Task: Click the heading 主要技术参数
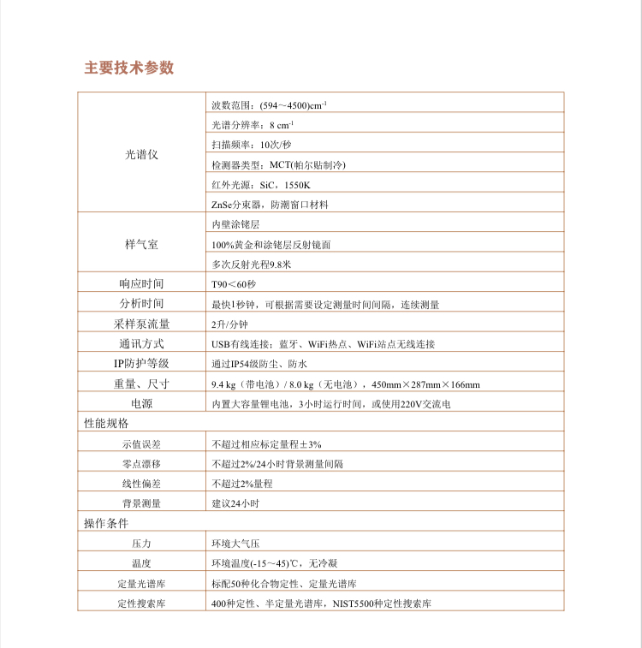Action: click(129, 68)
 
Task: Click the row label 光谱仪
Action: click(141, 155)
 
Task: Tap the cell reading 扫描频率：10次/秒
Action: click(252, 145)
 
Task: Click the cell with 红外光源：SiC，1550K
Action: click(260, 185)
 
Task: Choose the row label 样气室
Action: click(141, 244)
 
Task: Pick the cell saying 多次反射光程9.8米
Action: click(252, 264)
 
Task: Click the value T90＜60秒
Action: click(234, 284)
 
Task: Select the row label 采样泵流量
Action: click(141, 324)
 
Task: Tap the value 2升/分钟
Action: click(229, 324)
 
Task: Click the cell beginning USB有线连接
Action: click(323, 344)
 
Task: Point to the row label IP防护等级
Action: click(141, 364)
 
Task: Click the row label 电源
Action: click(141, 403)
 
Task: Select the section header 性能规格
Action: click(105, 424)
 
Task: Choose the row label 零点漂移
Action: click(141, 464)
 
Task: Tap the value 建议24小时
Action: click(235, 504)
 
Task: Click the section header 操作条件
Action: click(105, 523)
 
